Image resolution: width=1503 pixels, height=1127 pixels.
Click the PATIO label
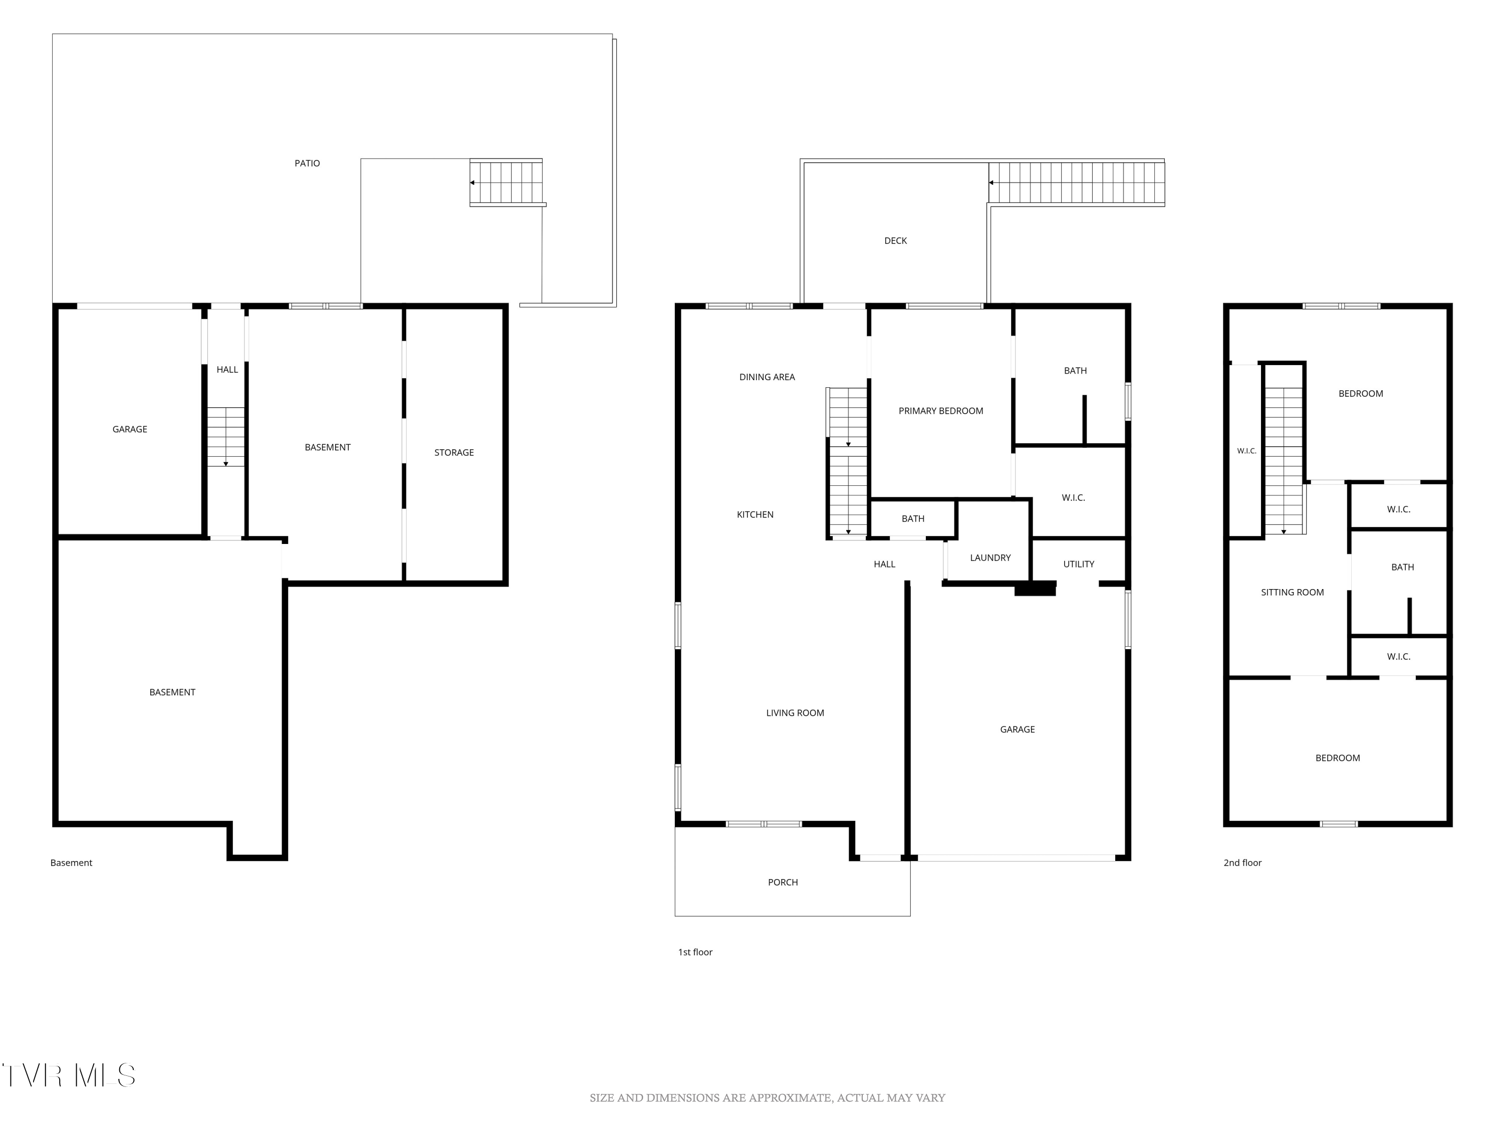pos(307,163)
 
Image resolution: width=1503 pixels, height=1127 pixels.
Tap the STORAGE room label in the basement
pos(454,452)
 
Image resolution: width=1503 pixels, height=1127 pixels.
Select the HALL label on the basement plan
pos(227,370)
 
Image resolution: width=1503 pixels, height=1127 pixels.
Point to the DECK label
pos(896,240)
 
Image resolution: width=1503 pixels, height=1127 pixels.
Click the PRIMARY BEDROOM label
pos(940,411)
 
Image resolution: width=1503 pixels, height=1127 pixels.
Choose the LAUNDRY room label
pos(990,557)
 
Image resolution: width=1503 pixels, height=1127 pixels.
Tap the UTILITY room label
pos(1078,564)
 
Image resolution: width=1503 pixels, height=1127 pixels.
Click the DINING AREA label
pos(767,377)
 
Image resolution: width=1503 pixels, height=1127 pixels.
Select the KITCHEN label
pos(755,515)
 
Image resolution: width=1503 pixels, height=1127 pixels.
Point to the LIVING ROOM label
pos(795,713)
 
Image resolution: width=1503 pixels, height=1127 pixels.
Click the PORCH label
pos(783,883)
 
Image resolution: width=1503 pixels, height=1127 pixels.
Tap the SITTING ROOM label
pos(1293,593)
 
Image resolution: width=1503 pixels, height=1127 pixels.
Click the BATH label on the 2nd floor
pos(1402,567)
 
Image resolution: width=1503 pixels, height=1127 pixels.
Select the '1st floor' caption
pos(695,952)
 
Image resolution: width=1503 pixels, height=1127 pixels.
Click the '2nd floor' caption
pos(1242,863)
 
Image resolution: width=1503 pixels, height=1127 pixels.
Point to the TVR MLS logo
pos(68,1075)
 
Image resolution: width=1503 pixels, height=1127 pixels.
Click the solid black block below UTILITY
pos(1035,589)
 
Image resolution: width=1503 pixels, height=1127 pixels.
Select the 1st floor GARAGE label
pos(1017,730)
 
